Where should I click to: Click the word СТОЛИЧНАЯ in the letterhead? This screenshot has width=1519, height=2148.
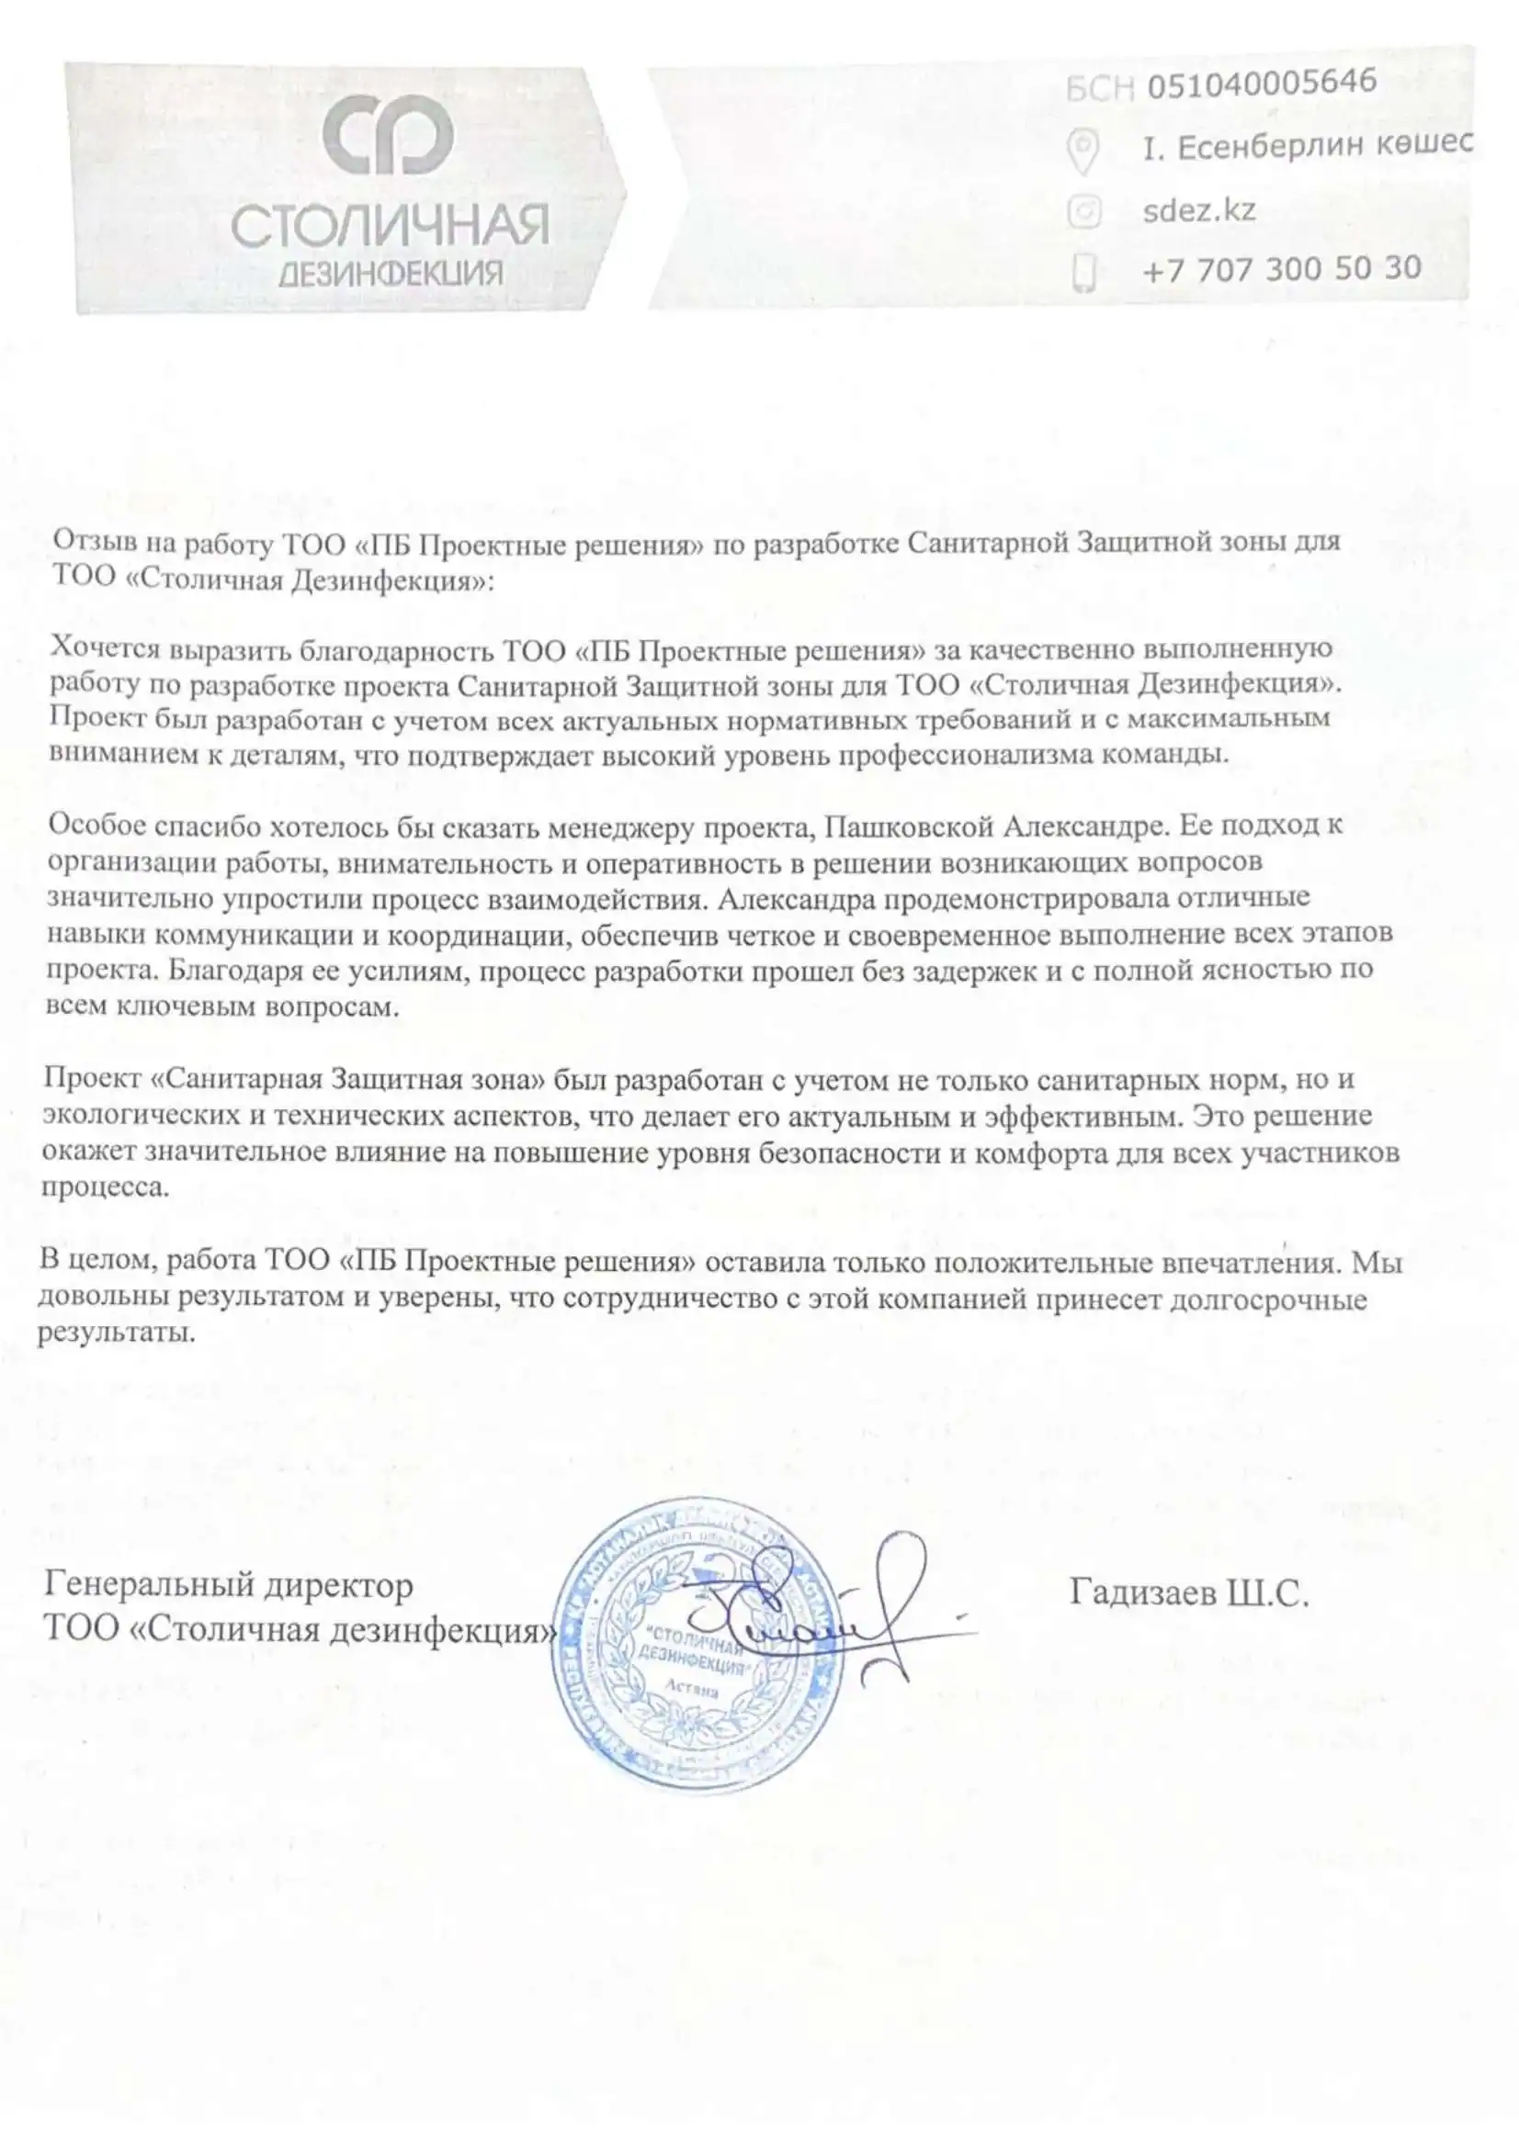[x=390, y=227]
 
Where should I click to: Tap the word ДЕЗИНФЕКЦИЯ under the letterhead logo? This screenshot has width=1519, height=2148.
[x=391, y=273]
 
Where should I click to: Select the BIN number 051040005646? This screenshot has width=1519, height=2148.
[x=1262, y=84]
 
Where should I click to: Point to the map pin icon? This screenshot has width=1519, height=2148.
[x=1083, y=151]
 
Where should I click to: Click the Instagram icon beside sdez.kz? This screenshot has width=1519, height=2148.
[x=1083, y=211]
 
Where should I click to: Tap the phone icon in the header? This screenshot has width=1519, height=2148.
[x=1083, y=272]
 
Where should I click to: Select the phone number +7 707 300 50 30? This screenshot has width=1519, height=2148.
[x=1281, y=269]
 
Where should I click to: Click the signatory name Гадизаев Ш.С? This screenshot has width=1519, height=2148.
[x=1188, y=1592]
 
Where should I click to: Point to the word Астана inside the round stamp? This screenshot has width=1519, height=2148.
[x=692, y=1691]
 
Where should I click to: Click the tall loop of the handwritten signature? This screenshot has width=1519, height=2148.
[x=898, y=1571]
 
